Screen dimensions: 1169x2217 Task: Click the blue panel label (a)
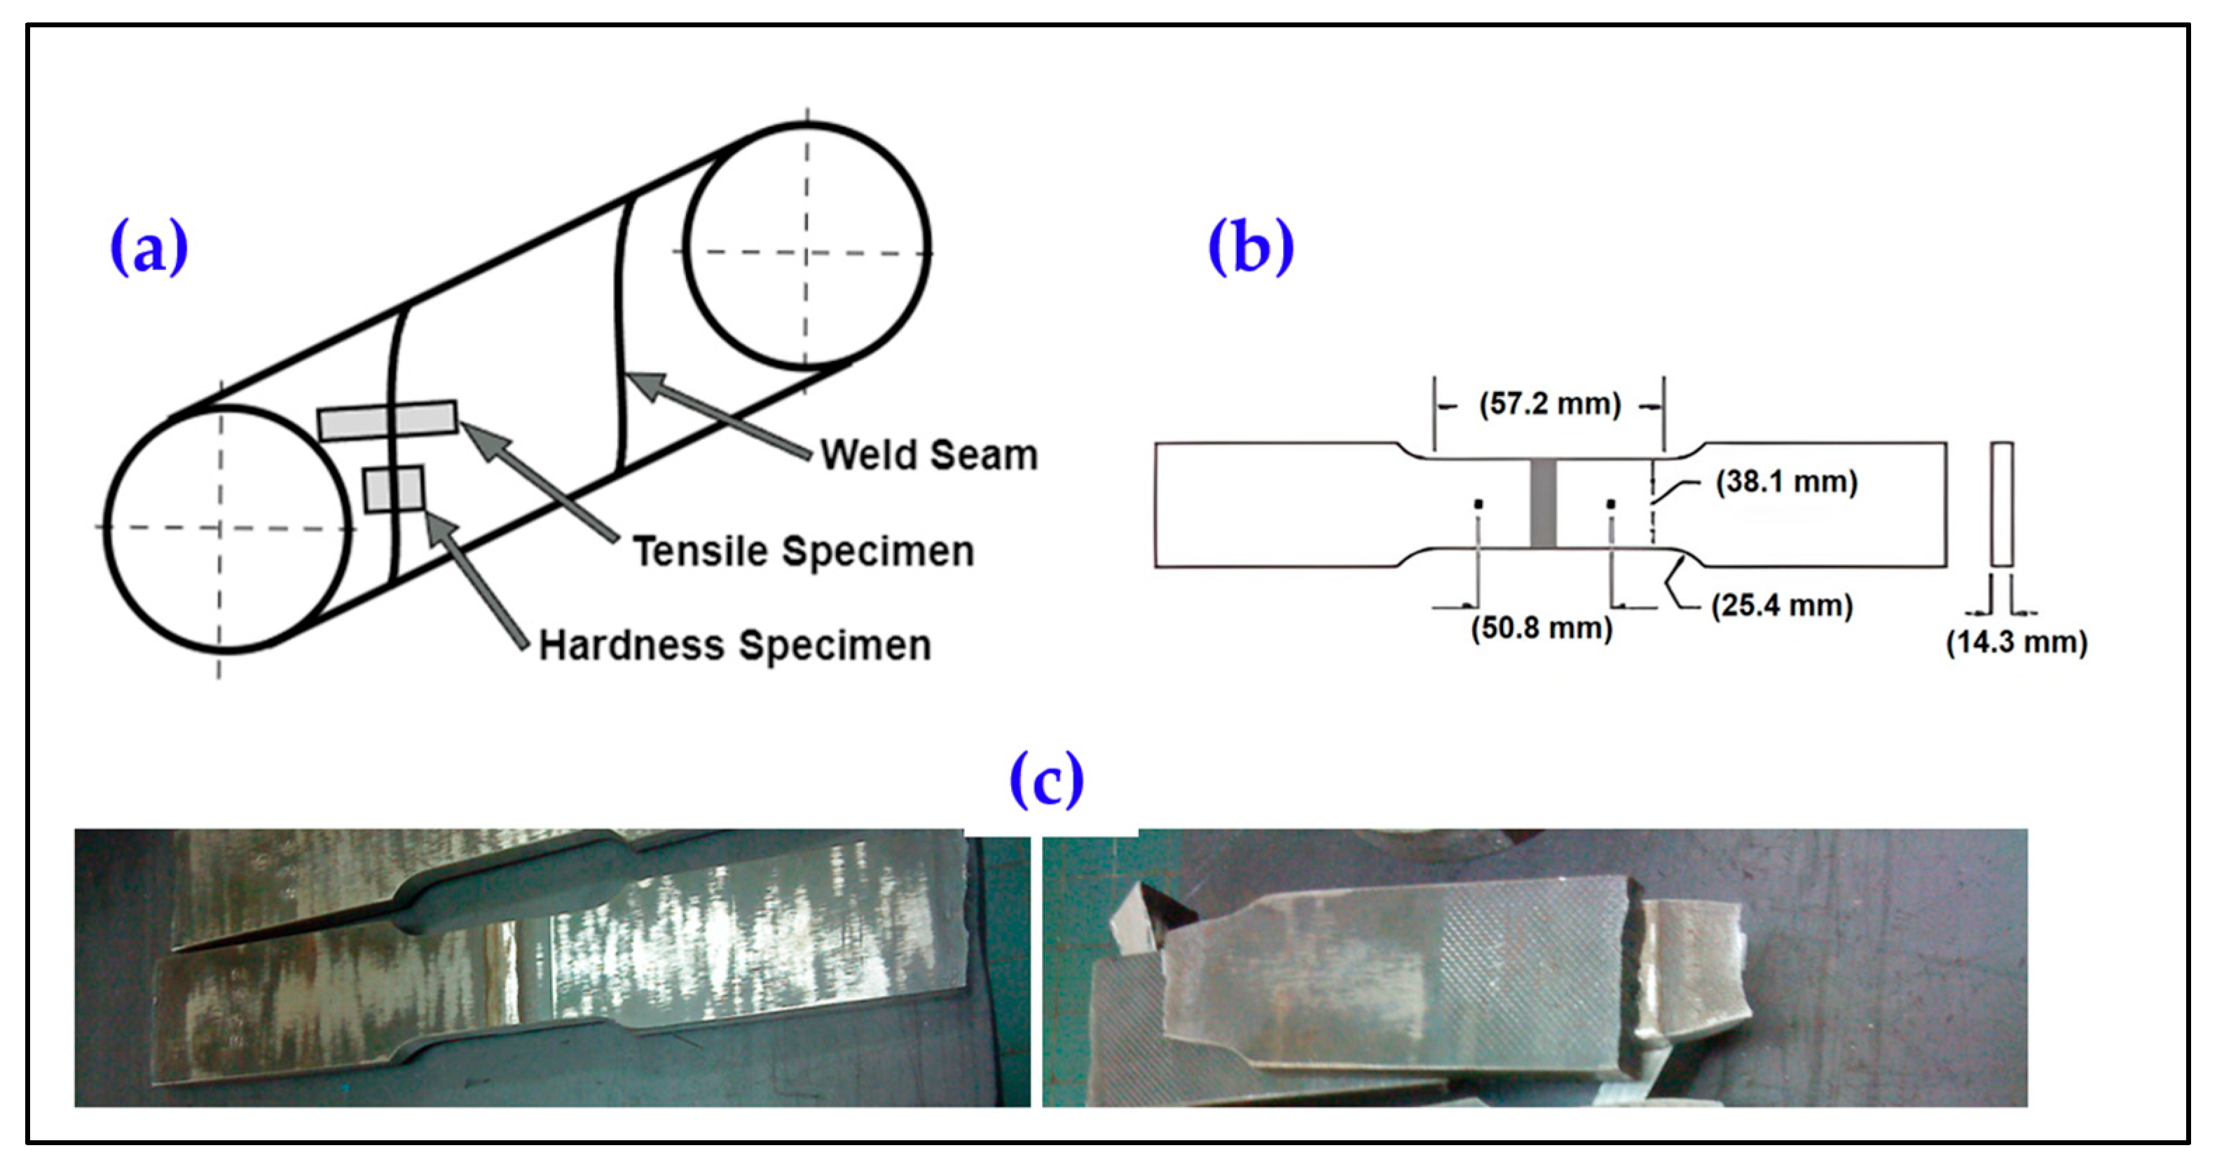point(149,247)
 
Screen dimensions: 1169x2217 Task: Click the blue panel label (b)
point(1251,247)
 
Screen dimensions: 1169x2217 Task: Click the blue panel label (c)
point(1045,779)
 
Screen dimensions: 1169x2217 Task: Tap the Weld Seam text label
point(928,455)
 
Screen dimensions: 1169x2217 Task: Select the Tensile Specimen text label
point(803,551)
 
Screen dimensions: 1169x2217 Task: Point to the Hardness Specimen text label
point(734,645)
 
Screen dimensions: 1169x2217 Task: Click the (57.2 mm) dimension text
point(1549,404)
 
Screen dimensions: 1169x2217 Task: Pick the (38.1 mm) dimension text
point(1787,481)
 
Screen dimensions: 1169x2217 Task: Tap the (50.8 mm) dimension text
point(1542,627)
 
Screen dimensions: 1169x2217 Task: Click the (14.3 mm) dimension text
point(2017,642)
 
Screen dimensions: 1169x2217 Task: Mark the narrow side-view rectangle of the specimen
point(2002,505)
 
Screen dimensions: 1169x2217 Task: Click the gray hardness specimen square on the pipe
point(393,489)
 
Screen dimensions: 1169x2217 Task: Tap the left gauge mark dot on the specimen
point(1478,505)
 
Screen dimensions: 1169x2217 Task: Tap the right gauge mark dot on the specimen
point(1610,505)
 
